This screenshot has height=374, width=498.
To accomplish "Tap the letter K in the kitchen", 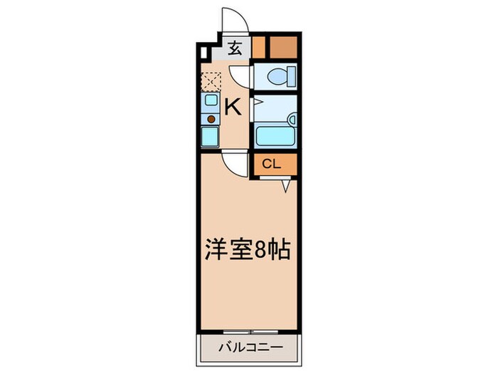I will [x=233, y=107].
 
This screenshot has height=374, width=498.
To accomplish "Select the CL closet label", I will [x=272, y=164].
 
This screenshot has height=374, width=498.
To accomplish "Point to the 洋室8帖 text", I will [x=248, y=251].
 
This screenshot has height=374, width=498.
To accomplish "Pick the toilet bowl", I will [x=278, y=75].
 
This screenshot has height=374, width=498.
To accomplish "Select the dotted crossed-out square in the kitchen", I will [x=211, y=81].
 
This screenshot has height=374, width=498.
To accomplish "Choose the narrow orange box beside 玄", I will [x=258, y=46].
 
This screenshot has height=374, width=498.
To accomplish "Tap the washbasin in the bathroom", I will [x=291, y=118].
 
